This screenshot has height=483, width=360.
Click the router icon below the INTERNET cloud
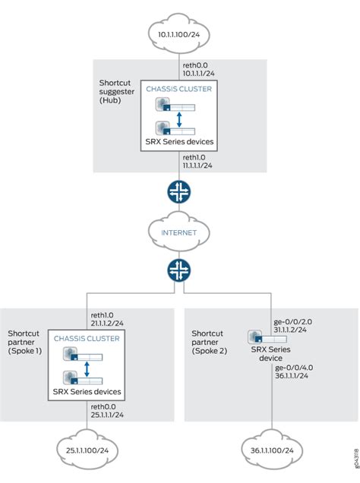coord(179,270)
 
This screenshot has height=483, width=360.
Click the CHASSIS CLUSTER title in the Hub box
coord(179,88)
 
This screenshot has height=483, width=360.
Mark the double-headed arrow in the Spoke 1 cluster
coord(87,368)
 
